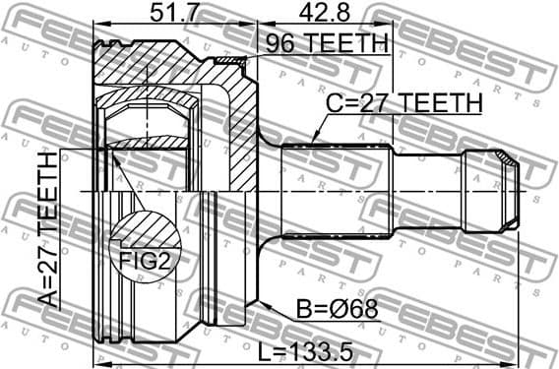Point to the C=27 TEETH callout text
(x=403, y=103)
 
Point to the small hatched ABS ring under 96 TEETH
(x=228, y=62)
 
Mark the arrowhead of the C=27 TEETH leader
(x=312, y=141)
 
